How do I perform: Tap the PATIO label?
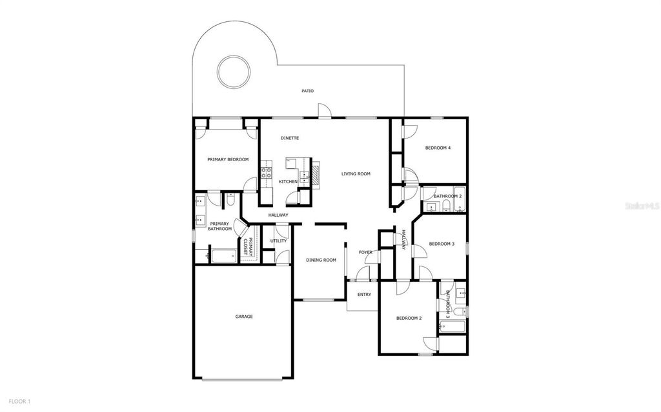(308, 91)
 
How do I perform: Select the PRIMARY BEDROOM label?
(227, 159)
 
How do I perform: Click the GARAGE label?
(243, 317)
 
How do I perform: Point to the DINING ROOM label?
(321, 260)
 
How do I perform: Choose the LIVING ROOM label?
(356, 173)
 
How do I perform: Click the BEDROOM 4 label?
(438, 148)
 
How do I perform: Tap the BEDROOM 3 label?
(442, 244)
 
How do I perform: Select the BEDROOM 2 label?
(409, 319)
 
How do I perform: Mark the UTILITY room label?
(278, 240)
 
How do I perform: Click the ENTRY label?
(364, 294)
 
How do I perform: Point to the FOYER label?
(365, 252)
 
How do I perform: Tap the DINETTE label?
(290, 138)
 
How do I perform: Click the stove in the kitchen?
(266, 173)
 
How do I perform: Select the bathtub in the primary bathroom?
(224, 256)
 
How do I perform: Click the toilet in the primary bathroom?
(230, 201)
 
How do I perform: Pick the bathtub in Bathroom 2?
(459, 207)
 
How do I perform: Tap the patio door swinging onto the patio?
(327, 113)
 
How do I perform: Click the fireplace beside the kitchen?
(316, 173)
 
